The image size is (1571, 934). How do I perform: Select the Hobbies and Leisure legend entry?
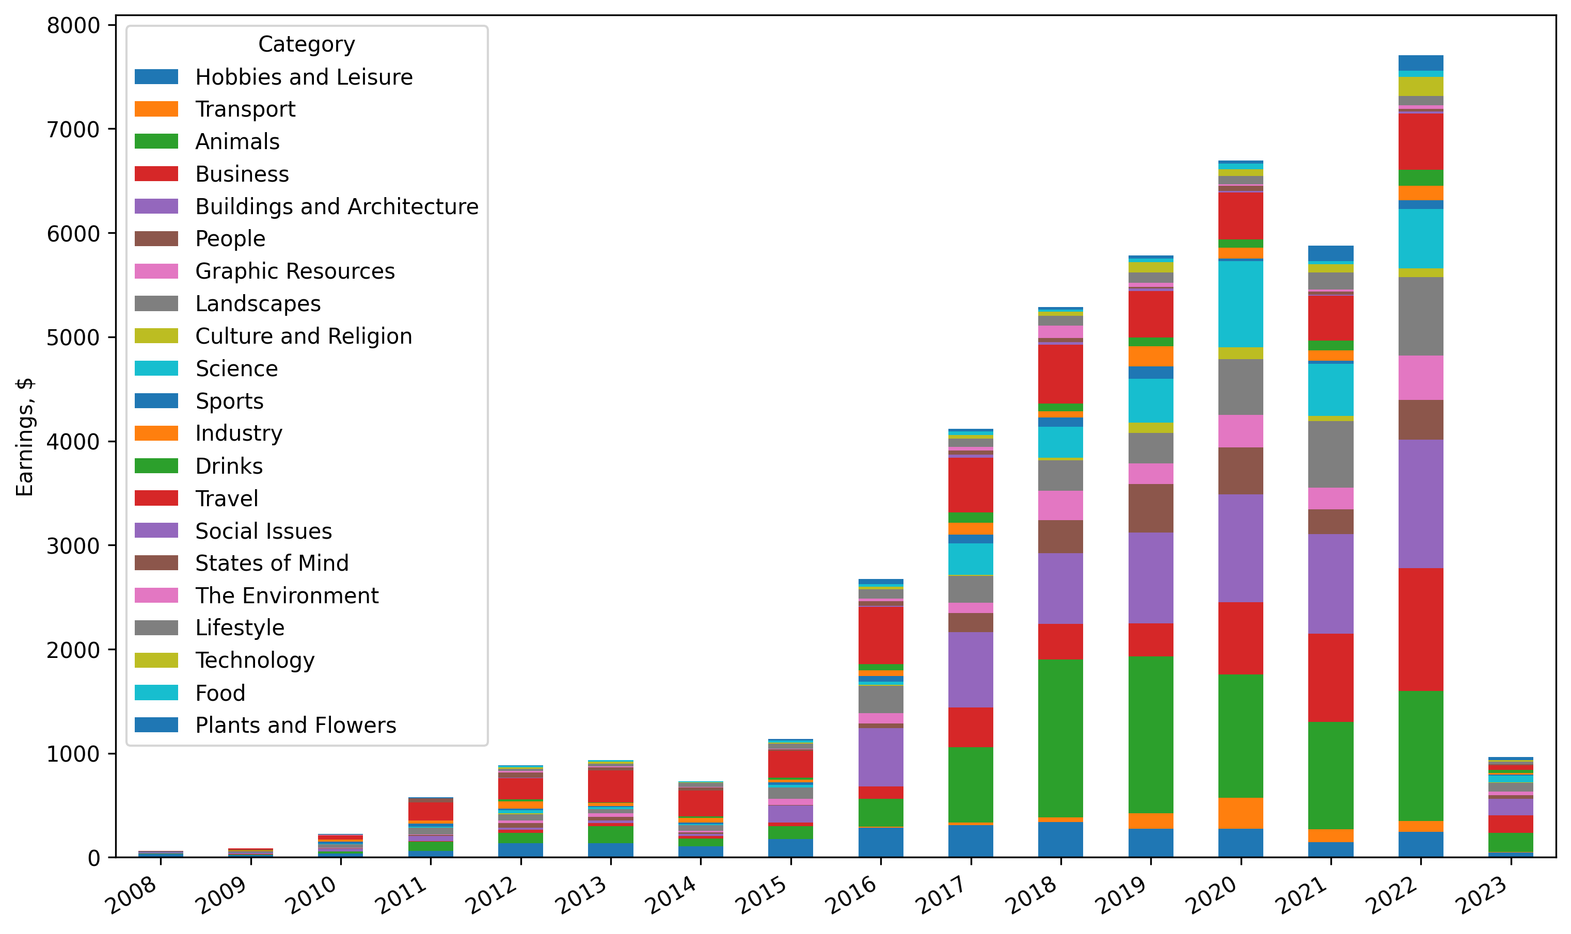pos(304,77)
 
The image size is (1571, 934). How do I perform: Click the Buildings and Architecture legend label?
pos(336,206)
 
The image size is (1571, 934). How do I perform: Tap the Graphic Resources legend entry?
pos(295,271)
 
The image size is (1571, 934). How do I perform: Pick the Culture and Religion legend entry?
pos(304,336)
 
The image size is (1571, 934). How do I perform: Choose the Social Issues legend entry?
pos(263,531)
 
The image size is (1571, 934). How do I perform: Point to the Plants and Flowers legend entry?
pos(295,725)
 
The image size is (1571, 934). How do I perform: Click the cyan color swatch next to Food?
pos(156,693)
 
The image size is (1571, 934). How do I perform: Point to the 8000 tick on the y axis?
pos(73,26)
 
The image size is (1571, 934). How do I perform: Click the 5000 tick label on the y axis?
pos(73,338)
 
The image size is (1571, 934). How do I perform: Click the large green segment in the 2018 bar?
pos(1060,739)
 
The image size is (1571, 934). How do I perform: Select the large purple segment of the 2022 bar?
pos(1421,504)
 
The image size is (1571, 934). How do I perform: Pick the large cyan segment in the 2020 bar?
pos(1241,304)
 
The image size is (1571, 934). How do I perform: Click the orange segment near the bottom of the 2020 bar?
pos(1241,814)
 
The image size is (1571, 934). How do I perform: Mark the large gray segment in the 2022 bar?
pos(1421,316)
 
